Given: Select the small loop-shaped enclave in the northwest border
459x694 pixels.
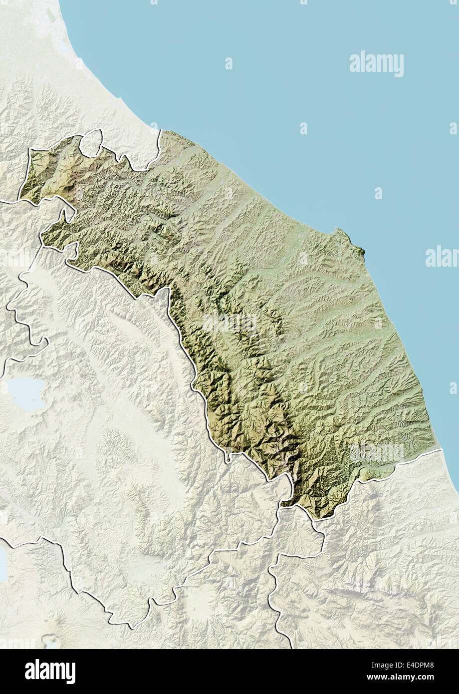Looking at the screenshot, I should [x=91, y=143].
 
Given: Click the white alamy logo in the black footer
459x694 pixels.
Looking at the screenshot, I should [x=50, y=672].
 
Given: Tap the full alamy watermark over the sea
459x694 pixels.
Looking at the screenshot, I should [x=377, y=63].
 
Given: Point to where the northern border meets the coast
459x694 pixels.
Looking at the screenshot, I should [x=161, y=130].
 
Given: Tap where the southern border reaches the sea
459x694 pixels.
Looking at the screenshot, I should [x=442, y=449].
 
